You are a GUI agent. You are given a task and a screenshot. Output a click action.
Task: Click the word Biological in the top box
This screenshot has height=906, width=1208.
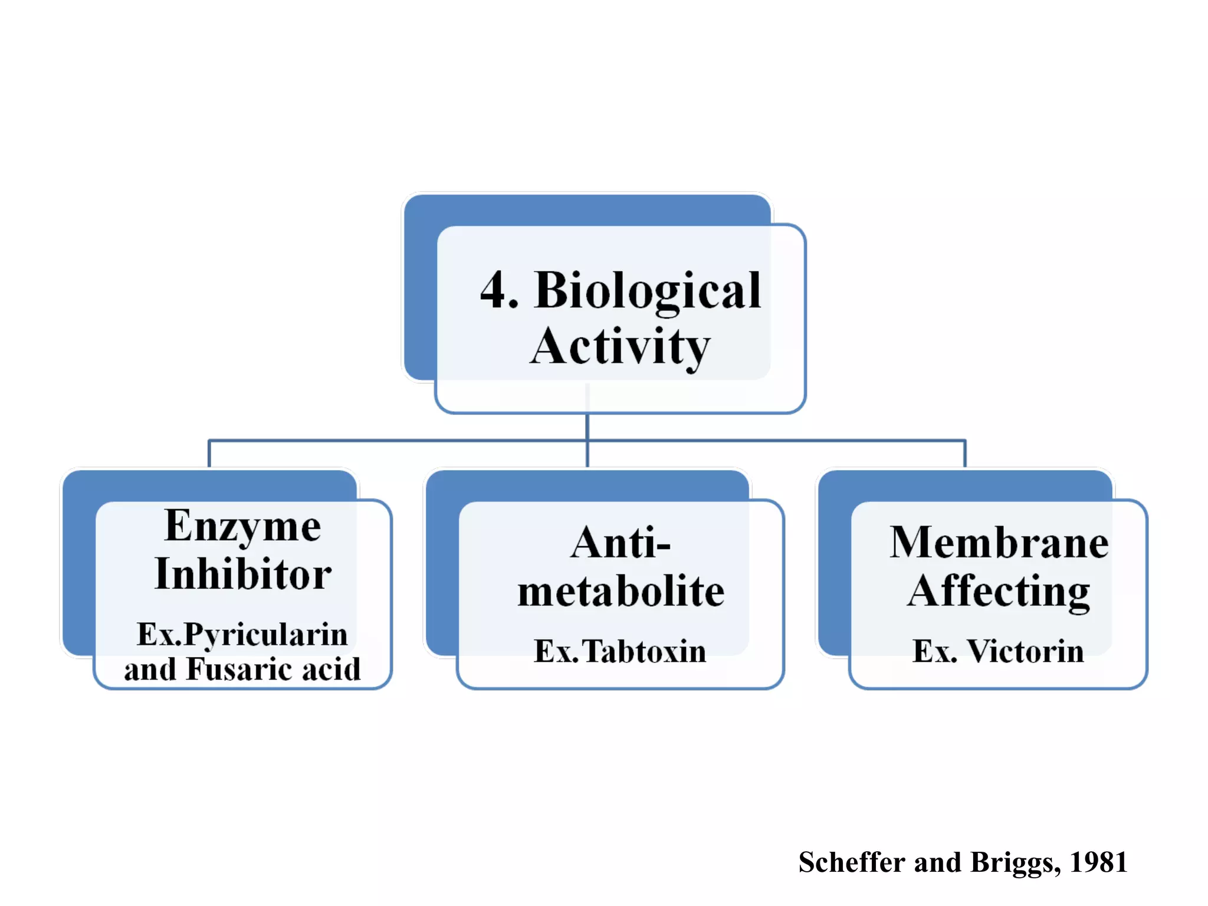pyautogui.click(x=647, y=291)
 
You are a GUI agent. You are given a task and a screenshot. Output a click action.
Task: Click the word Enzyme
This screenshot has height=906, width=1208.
pyautogui.click(x=243, y=526)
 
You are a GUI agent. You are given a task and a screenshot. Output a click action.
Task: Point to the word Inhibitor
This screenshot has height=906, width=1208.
pyautogui.click(x=243, y=574)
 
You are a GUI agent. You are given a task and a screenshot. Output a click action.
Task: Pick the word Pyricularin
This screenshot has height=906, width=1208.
pyautogui.click(x=265, y=635)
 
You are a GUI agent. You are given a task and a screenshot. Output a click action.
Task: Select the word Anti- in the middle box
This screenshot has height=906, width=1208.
pyautogui.click(x=621, y=543)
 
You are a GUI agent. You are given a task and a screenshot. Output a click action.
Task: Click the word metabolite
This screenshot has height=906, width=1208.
pyautogui.click(x=621, y=592)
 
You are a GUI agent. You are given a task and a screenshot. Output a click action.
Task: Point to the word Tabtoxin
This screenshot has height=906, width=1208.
pyautogui.click(x=644, y=652)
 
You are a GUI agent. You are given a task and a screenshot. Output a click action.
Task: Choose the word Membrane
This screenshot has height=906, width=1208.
pyautogui.click(x=999, y=543)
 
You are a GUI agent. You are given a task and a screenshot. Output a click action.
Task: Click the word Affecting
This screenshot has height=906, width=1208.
pyautogui.click(x=999, y=592)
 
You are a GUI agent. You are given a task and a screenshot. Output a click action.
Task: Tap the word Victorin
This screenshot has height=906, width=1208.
pyautogui.click(x=1025, y=652)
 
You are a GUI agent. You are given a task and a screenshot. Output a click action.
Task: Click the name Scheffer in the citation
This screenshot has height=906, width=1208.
pyautogui.click(x=851, y=862)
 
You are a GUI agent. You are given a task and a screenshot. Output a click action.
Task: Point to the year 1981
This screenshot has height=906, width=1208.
pyautogui.click(x=1098, y=862)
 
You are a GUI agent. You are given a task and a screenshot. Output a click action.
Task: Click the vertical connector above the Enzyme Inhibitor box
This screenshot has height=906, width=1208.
pyautogui.click(x=209, y=454)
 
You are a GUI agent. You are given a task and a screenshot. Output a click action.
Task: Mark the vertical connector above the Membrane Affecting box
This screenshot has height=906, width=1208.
pyautogui.click(x=965, y=454)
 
